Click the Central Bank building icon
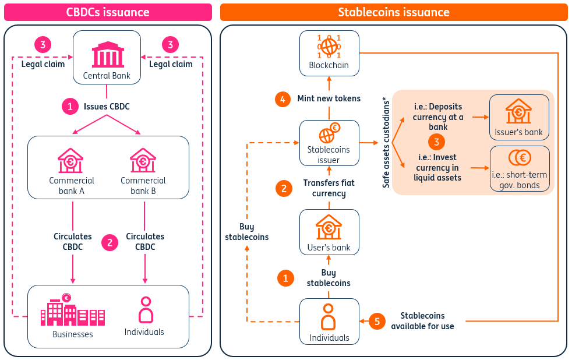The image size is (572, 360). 108,55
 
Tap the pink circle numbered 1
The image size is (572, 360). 70,107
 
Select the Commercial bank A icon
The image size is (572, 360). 70,161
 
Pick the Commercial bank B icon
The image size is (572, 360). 143,161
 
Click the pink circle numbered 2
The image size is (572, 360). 110,242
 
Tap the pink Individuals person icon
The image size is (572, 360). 146,310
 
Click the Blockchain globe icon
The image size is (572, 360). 329,47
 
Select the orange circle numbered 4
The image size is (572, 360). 283,99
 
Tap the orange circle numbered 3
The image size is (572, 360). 437,142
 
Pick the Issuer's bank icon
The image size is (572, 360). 518,111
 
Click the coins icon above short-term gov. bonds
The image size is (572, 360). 520,157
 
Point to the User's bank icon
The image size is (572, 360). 329,227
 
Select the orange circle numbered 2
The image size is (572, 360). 284,189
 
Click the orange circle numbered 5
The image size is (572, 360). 377,322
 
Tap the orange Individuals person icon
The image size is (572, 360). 329,317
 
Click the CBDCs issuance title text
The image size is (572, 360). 108,12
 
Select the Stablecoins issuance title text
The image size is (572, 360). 394,12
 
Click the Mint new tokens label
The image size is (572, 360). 329,98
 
